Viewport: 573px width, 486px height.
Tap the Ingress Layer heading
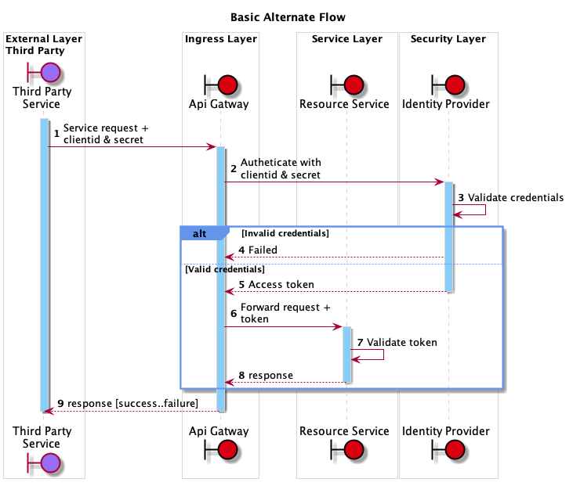(x=220, y=39)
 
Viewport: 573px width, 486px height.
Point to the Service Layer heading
(x=346, y=39)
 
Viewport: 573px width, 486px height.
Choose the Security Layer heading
(x=448, y=39)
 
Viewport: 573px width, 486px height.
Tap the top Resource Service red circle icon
(x=353, y=85)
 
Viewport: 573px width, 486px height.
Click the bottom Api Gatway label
(x=219, y=431)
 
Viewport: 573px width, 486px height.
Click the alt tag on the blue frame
(x=200, y=233)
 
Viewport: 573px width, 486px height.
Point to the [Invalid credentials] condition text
(x=285, y=233)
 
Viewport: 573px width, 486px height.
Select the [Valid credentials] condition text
(x=225, y=269)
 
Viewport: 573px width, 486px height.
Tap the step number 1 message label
(x=56, y=134)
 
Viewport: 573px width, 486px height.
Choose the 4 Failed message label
(x=258, y=250)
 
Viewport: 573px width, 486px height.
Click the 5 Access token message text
(x=277, y=285)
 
